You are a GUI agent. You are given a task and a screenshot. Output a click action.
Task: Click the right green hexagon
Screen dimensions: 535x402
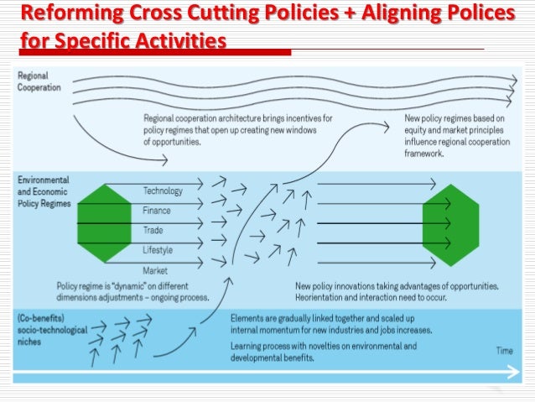(x=449, y=223)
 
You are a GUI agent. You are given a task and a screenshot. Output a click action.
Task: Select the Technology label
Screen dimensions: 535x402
(x=163, y=191)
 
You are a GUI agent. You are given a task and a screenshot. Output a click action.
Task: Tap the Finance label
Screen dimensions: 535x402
(x=157, y=211)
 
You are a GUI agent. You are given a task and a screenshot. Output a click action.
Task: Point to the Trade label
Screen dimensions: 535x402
(x=153, y=230)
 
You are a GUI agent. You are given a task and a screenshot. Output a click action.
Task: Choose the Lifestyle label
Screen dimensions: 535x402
(x=158, y=250)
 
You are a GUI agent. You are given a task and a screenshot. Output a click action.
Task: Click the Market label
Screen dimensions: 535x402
(x=155, y=270)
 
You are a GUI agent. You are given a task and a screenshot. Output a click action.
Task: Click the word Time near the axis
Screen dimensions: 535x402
(x=504, y=351)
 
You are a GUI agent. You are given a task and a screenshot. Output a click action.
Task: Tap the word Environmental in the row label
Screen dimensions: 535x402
(x=44, y=180)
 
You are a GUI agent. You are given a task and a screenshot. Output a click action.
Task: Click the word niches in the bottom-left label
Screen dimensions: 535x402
(x=30, y=344)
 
